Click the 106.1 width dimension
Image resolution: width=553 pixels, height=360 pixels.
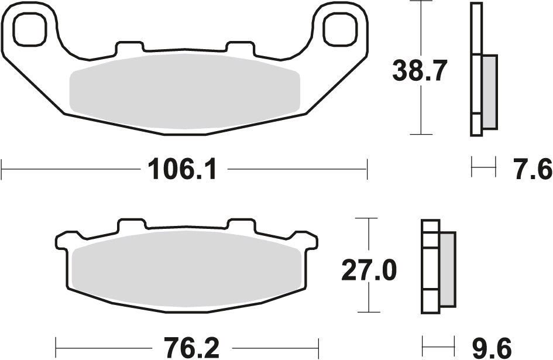coord(182,170)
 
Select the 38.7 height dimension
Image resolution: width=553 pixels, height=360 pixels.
coord(420,71)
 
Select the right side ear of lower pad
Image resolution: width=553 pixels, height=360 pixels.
coord(308,240)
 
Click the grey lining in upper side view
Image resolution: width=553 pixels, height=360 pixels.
coord(489,92)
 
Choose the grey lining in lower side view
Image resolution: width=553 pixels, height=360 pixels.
coord(447,269)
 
